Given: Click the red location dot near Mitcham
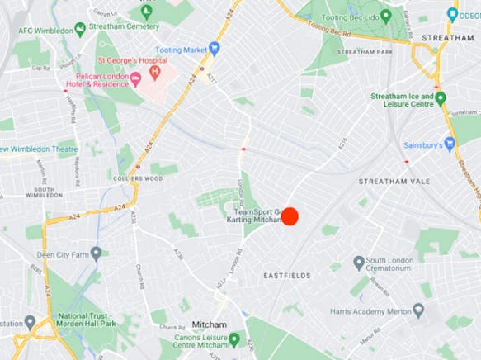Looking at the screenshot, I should click(290, 216).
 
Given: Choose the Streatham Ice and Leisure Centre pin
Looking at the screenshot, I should click(441, 98).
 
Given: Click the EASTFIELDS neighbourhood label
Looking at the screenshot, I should click(286, 274).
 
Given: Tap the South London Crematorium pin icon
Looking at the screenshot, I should click(359, 263).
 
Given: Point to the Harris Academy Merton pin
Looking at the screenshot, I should click(418, 310).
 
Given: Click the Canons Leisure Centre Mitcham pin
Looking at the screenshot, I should click(233, 339).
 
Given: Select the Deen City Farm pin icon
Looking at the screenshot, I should click(97, 253).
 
